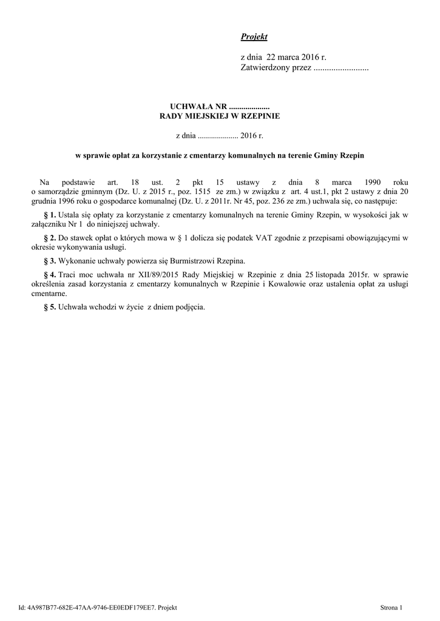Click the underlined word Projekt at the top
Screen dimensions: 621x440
pos(254,38)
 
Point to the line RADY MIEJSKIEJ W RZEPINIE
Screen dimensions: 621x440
pos(220,115)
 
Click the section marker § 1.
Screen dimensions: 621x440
pos(50,215)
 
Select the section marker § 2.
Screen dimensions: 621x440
pos(50,238)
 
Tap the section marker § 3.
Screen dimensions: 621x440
pos(50,261)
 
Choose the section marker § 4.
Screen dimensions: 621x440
pos(50,275)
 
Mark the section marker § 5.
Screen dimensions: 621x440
pos(50,307)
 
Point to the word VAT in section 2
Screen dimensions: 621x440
pos(256,238)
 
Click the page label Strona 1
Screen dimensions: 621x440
pos(391,606)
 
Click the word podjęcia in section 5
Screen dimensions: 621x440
pos(190,307)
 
